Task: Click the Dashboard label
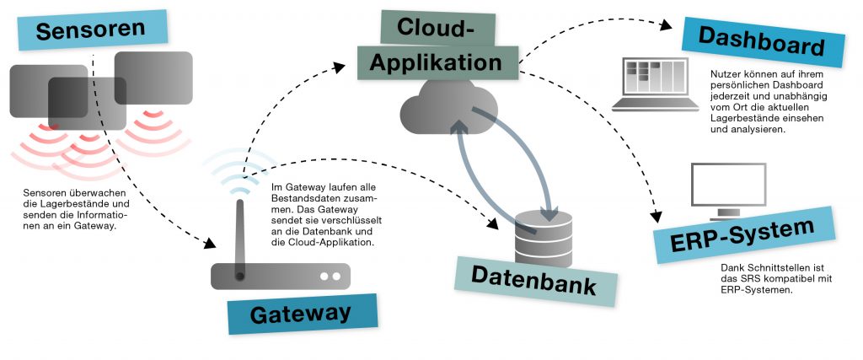[x=763, y=42]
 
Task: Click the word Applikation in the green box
[x=436, y=62]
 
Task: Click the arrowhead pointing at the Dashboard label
[x=666, y=24]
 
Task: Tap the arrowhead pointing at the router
[x=209, y=243]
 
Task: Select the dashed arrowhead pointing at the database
[x=492, y=223]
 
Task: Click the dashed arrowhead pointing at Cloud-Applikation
[x=339, y=67]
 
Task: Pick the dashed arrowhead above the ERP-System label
[x=656, y=217]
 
